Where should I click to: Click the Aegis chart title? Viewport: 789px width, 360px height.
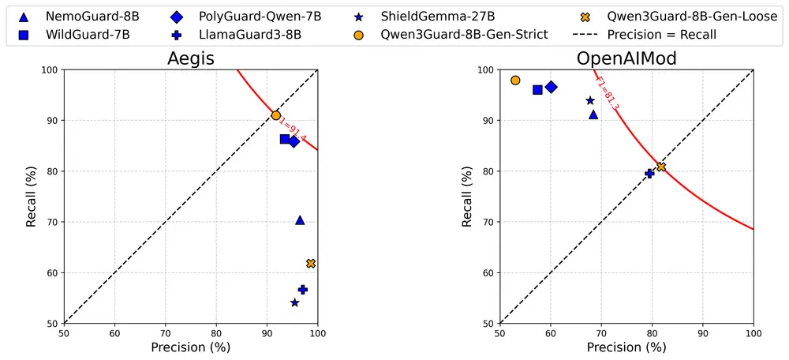click(x=190, y=59)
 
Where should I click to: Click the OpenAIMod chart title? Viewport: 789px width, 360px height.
click(x=626, y=59)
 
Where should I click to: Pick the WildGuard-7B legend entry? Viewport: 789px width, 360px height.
click(x=79, y=34)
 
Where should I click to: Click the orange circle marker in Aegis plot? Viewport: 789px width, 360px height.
click(x=276, y=115)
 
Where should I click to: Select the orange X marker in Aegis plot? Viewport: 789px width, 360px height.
click(x=311, y=264)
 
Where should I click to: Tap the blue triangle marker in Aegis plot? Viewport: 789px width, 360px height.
click(x=300, y=219)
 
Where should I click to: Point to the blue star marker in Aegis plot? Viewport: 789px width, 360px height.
click(x=294, y=303)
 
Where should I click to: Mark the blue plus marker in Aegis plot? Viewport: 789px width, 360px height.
click(x=302, y=290)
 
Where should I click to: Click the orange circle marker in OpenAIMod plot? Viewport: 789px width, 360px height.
click(x=515, y=81)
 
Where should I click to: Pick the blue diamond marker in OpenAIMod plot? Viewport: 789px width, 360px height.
click(x=551, y=87)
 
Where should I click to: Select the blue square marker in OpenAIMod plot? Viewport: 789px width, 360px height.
click(x=538, y=90)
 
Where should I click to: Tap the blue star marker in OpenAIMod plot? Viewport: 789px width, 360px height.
click(x=590, y=100)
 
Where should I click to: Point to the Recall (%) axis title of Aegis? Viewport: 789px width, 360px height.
click(x=32, y=197)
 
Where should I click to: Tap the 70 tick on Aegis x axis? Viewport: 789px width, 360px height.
click(x=165, y=332)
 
